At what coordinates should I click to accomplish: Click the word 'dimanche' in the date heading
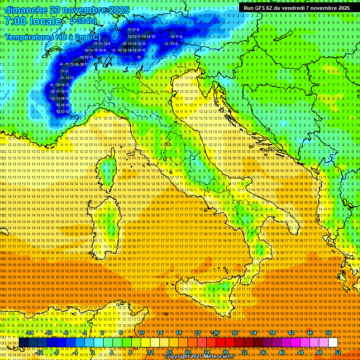tap(26, 10)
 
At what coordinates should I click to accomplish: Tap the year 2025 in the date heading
tap(118, 10)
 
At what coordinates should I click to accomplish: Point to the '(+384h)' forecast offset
tap(83, 21)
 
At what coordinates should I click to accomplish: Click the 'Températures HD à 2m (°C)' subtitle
tap(52, 37)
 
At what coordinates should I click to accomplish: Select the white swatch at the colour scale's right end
tap(333, 343)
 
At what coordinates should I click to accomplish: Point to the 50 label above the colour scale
tap(329, 333)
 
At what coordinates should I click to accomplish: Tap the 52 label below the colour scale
tap(338, 352)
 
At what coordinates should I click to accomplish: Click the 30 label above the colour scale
tap(235, 333)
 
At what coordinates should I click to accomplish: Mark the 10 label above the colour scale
tap(141, 333)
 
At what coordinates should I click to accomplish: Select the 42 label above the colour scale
tap(291, 333)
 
